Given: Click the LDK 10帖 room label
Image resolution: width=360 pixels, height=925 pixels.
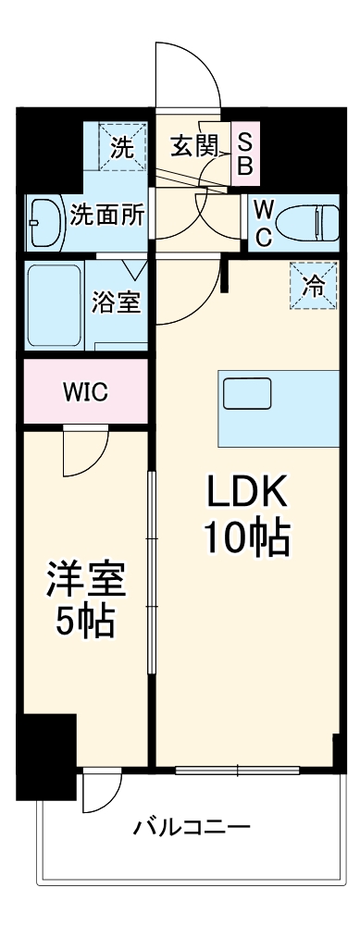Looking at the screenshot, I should tap(247, 513).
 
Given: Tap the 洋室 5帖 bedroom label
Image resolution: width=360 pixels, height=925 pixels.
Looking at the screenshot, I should tap(85, 600).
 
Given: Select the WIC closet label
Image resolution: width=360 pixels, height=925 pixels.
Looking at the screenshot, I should tap(86, 391).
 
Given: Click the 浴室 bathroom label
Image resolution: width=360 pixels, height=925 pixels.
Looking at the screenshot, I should tap(117, 302).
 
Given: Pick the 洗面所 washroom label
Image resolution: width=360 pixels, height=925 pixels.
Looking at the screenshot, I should tap(107, 215).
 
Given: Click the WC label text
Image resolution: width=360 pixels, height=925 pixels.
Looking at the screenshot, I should tap(262, 222).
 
